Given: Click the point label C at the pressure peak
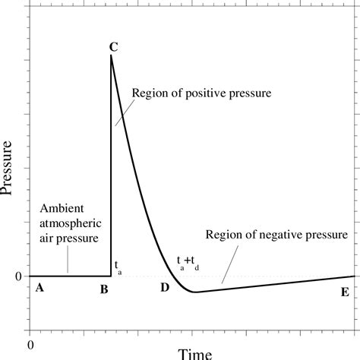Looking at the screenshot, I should coord(112,47).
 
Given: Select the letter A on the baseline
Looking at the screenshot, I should coord(39,289).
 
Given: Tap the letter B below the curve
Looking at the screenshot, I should coord(104,289).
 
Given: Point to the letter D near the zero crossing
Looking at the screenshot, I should coord(165,288).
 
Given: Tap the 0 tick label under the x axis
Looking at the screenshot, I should coord(30,344).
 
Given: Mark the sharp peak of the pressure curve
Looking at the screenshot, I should coord(111,56).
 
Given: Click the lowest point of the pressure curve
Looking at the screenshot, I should coord(194,292).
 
